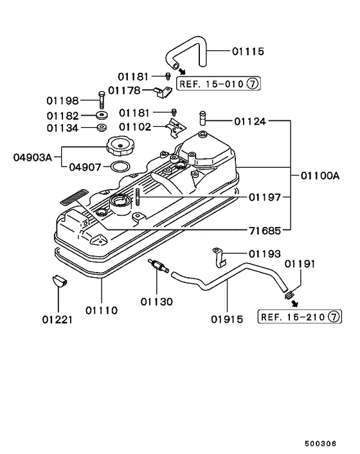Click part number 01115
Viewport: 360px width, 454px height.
[x=248, y=51]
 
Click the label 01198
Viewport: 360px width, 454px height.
[x=62, y=101]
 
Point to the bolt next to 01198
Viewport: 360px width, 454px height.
[x=101, y=100]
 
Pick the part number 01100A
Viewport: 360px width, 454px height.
[x=320, y=176]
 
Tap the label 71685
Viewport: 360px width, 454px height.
[x=264, y=230]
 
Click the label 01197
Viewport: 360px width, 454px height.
[x=264, y=197]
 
